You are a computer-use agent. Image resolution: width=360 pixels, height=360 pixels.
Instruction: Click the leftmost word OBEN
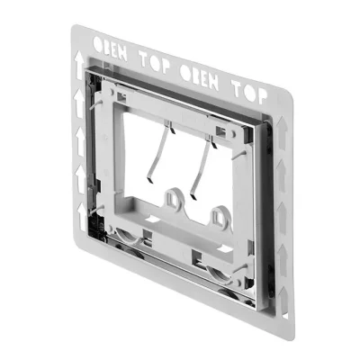(110, 49)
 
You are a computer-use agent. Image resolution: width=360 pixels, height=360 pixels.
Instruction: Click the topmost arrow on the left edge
(79, 65)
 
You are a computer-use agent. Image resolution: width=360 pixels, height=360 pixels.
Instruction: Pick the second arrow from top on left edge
(79, 103)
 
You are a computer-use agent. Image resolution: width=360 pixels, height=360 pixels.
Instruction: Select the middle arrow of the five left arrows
(80, 141)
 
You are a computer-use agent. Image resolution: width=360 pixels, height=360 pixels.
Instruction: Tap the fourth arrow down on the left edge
(81, 179)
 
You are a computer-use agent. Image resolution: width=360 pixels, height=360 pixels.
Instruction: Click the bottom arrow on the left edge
(81, 217)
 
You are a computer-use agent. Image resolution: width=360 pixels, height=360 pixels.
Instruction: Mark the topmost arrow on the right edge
(282, 132)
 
